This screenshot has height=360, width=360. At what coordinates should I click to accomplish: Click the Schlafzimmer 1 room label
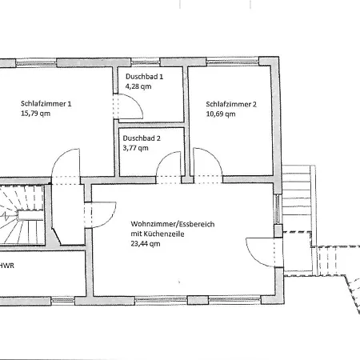(46, 104)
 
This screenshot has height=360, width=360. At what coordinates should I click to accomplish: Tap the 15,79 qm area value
(35, 114)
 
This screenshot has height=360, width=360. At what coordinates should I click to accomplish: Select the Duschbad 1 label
(144, 77)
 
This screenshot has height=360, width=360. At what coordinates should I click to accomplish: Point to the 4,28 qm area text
(138, 86)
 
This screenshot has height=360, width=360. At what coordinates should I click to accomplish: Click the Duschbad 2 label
(142, 138)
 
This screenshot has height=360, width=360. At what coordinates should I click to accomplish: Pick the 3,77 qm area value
(135, 148)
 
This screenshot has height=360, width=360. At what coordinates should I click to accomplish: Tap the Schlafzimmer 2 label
(231, 104)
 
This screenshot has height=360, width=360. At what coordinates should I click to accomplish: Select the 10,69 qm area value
(221, 114)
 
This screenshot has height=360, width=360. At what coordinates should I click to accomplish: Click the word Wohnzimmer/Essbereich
(173, 224)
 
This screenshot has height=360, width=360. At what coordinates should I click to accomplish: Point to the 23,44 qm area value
(146, 244)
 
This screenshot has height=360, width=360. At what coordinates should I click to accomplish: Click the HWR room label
(7, 266)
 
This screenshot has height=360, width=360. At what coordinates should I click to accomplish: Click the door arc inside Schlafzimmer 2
(214, 156)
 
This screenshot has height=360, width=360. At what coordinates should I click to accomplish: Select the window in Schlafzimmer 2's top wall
(233, 62)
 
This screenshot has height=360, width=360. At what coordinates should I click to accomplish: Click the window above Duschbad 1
(146, 63)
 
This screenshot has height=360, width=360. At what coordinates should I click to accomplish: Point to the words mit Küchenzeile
(158, 234)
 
